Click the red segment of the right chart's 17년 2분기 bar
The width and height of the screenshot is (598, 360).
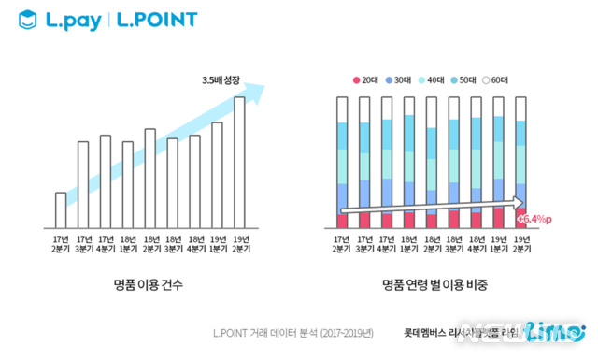(x=341, y=221)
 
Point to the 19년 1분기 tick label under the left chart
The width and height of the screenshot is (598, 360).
(x=217, y=245)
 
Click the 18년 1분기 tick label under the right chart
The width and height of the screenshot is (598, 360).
(x=408, y=245)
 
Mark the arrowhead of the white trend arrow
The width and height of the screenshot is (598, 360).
(x=519, y=199)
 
